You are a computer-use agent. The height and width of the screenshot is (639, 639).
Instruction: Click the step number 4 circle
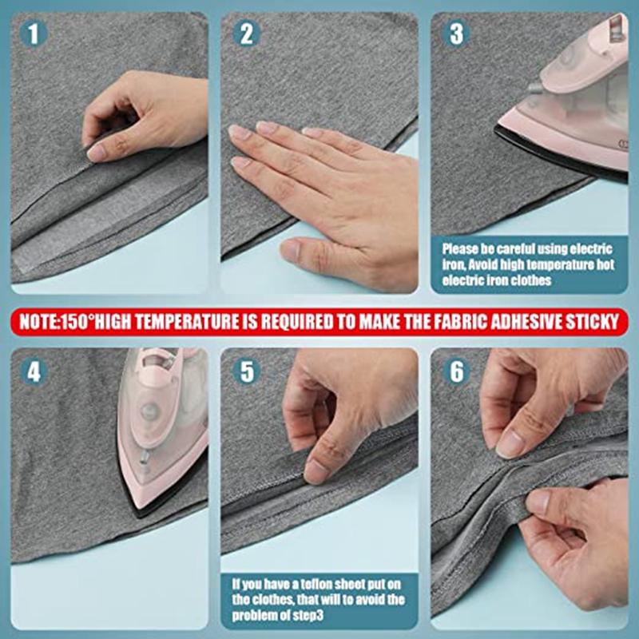point(34,372)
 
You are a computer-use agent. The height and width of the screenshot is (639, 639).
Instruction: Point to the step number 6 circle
point(456,372)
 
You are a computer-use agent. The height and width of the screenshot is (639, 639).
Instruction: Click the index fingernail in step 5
point(316,472)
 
